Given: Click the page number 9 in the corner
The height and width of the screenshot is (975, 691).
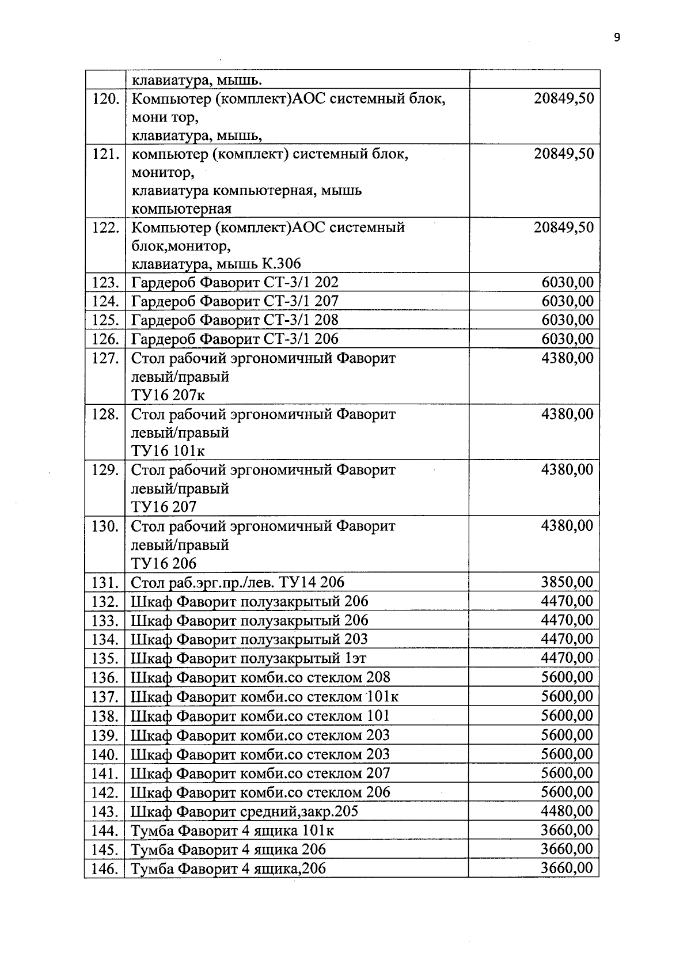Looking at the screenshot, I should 617,38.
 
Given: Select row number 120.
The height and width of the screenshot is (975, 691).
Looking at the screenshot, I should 105,98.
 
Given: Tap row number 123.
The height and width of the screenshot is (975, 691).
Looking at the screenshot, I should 105,283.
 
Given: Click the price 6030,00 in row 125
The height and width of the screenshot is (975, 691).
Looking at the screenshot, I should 567,320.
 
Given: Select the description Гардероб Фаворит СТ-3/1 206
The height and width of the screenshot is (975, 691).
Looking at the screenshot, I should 235,339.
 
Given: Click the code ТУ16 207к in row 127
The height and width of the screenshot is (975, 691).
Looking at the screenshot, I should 168,395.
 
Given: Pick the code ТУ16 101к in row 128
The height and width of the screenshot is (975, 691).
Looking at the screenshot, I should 168,450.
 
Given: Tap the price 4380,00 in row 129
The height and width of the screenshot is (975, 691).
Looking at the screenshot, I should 567,470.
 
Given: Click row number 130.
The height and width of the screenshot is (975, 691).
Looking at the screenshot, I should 105,526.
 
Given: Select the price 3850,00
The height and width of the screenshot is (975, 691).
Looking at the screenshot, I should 567,582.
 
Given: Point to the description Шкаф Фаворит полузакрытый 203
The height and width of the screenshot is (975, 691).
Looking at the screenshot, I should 249,639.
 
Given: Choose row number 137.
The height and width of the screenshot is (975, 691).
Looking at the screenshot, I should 105,697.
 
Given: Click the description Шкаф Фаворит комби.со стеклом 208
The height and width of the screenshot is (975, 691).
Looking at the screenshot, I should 260,677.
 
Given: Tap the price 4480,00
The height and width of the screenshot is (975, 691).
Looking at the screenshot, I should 567,811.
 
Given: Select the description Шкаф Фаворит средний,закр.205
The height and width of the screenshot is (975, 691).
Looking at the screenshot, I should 245,811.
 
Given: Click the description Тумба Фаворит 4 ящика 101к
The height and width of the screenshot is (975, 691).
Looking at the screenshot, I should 233,830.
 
